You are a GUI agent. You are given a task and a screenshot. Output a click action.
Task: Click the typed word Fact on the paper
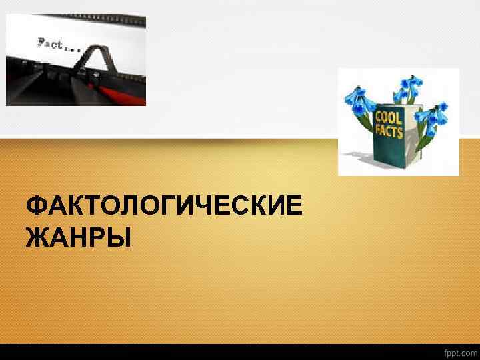click(x=50, y=43)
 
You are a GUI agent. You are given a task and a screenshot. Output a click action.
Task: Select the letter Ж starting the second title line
click(x=35, y=237)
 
